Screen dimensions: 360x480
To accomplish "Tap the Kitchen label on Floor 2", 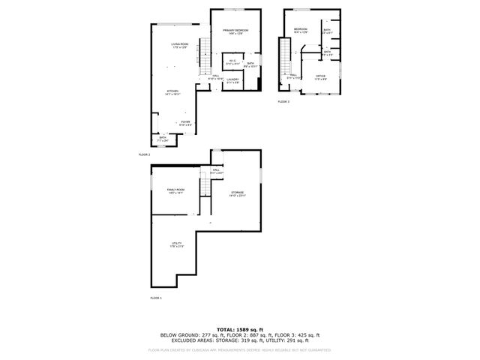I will (x=173, y=93).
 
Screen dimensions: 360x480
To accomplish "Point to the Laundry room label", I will (x=232, y=79).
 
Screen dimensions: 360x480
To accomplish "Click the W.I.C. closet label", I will (x=232, y=63).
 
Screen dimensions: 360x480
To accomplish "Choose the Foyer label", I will (x=184, y=123).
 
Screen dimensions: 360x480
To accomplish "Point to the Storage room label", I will (x=238, y=195).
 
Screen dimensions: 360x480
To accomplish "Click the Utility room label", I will (x=177, y=245).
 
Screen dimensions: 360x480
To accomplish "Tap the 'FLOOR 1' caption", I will (x=156, y=298).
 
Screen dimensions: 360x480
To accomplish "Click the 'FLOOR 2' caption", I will (x=144, y=154).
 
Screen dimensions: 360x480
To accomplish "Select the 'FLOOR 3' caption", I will (x=283, y=101).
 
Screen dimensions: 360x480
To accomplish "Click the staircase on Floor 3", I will (x=284, y=59).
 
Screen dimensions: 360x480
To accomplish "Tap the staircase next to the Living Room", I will (x=202, y=56).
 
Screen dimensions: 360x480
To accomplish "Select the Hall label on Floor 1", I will (x=217, y=172).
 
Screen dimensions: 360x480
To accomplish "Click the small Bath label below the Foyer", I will (x=163, y=139).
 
